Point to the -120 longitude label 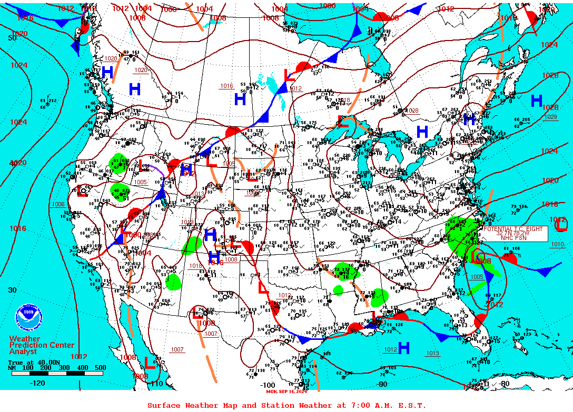coord(38,383)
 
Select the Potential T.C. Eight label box coord(513,233)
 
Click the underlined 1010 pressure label coord(557,245)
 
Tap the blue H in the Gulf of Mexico coord(404,348)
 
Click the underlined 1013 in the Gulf coord(432,353)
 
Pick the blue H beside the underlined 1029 coord(537,101)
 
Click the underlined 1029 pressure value coord(551,117)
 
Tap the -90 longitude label coord(382,384)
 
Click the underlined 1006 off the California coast coord(58,204)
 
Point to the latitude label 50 coord(12,38)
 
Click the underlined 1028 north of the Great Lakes coord(412,110)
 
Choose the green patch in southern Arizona coord(173,282)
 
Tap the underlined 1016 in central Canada coord(226,86)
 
